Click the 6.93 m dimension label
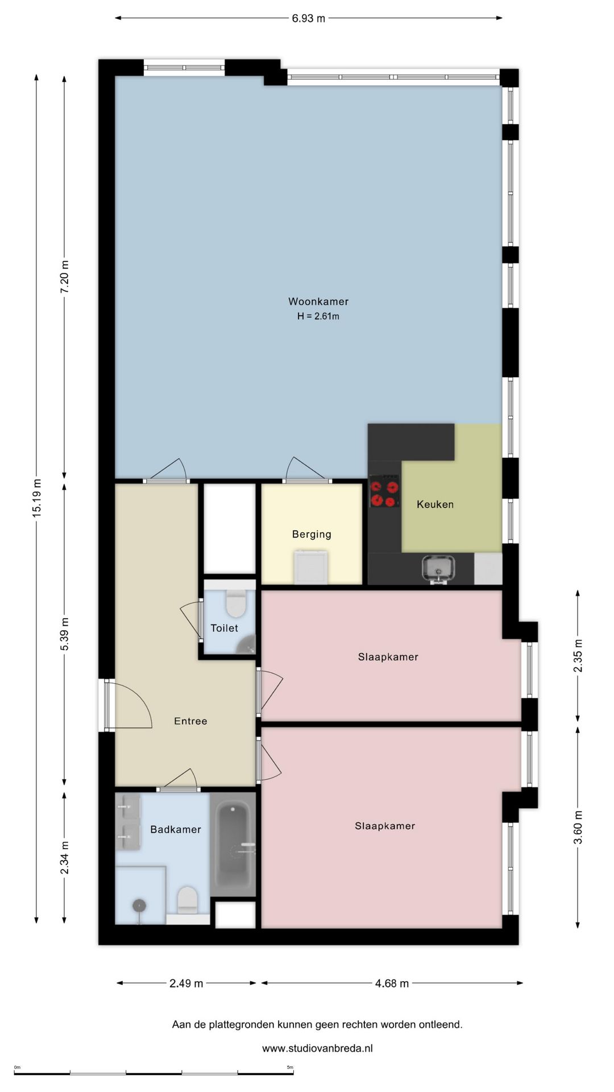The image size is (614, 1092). click(309, 18)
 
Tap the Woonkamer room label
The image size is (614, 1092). click(318, 301)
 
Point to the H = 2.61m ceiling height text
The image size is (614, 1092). click(318, 316)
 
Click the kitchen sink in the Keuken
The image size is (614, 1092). click(438, 569)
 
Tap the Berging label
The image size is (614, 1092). click(312, 534)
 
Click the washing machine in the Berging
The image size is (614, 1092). click(311, 566)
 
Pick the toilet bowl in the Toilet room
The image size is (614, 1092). click(236, 603)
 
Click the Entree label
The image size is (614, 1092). click(190, 721)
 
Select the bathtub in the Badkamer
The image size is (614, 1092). click(233, 845)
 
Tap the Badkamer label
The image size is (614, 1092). click(176, 829)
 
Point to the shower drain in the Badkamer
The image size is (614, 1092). click(139, 905)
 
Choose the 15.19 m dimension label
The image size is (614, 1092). click(36, 498)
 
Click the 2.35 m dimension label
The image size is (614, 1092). click(578, 656)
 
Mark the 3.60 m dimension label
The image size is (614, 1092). click(578, 828)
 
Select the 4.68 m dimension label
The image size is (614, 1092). click(392, 983)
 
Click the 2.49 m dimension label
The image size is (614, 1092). click(186, 983)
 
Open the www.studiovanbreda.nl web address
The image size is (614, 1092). click(317, 1048)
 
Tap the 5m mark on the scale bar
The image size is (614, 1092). click(290, 1068)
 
